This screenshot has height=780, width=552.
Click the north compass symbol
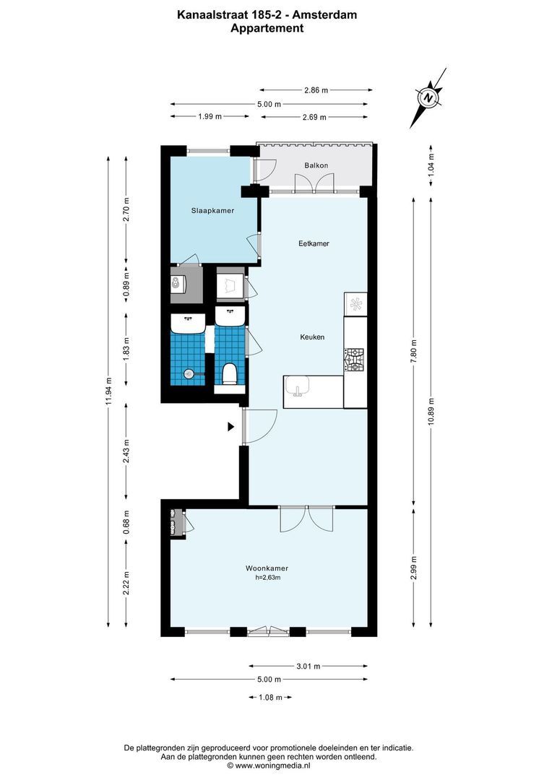[428, 97]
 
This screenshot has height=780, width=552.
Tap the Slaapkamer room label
[212, 211]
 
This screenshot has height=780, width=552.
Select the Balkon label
[316, 165]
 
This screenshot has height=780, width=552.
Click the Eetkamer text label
[314, 243]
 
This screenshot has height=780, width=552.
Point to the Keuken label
[312, 337]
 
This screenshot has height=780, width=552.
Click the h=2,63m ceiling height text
[267, 578]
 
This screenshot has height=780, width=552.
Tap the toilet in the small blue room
[230, 373]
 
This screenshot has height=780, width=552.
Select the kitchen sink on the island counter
[297, 387]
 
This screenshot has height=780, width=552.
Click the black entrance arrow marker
[231, 427]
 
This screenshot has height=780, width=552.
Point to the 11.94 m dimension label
[108, 391]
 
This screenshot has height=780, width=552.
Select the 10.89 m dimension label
[431, 412]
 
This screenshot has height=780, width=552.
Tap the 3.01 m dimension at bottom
[308, 667]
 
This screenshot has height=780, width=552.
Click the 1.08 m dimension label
[270, 697]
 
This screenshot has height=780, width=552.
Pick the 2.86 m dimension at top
[315, 90]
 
